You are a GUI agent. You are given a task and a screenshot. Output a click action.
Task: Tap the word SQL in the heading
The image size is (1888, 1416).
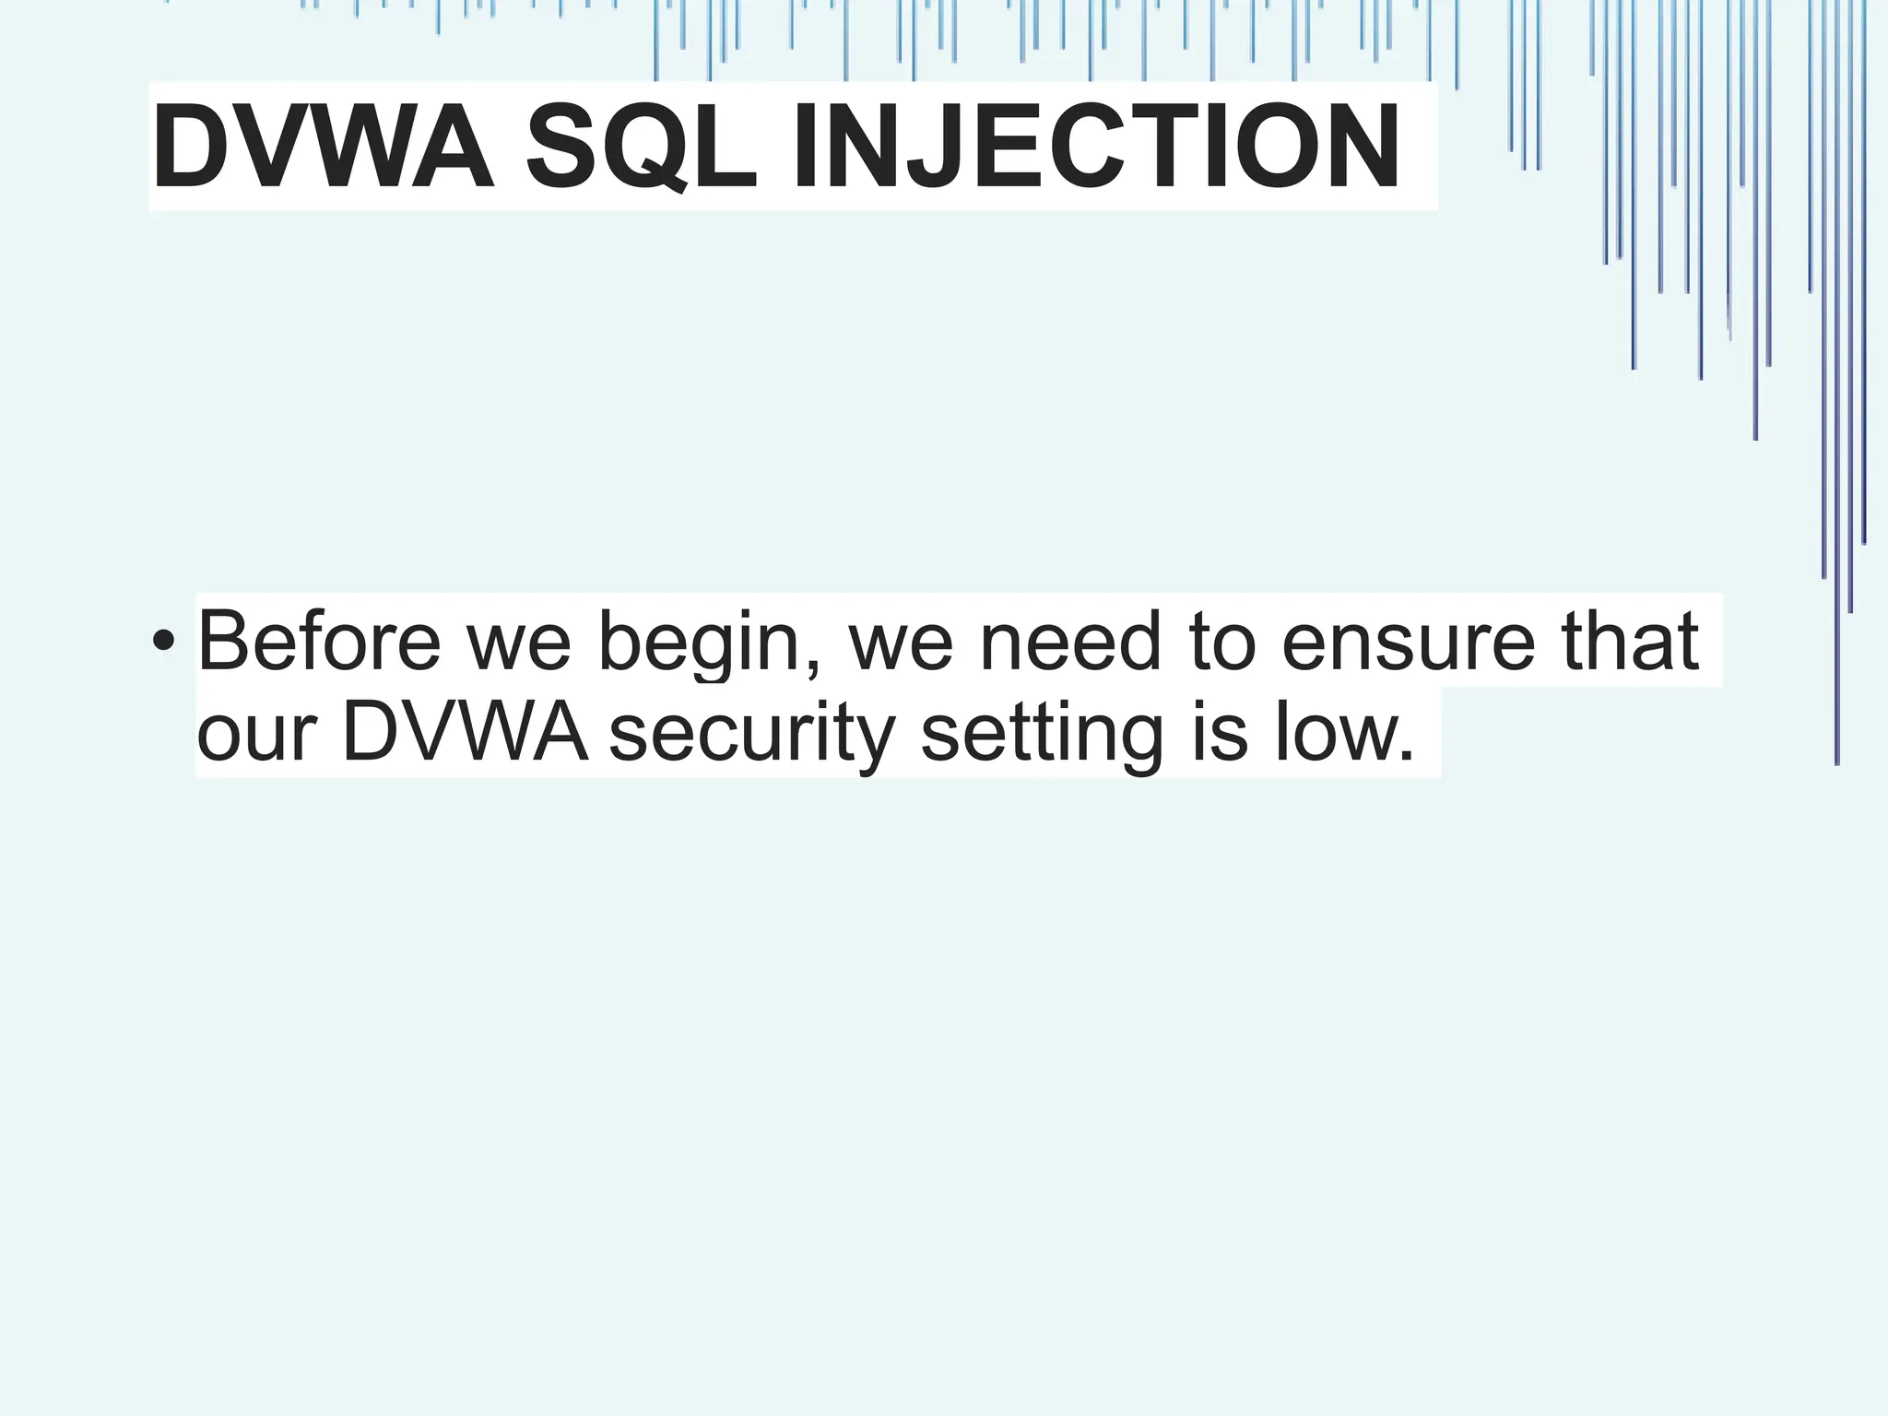(x=641, y=147)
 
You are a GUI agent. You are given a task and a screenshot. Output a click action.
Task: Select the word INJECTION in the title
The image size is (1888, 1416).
(x=1097, y=147)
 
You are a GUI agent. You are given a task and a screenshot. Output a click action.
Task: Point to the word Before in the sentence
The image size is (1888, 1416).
(x=319, y=642)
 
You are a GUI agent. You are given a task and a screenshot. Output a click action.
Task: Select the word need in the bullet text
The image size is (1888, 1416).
(x=1070, y=642)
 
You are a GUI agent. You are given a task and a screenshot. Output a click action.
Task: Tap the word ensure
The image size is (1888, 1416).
(x=1409, y=643)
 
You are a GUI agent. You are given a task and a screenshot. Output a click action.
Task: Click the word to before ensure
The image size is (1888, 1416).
(x=1222, y=642)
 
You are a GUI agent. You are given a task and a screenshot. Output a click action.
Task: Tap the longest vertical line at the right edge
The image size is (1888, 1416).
(x=1836, y=461)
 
